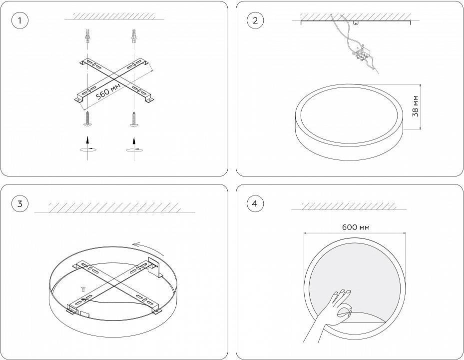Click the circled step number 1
point(20,20)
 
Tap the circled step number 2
point(255,20)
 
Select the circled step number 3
point(20,203)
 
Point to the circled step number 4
point(255,203)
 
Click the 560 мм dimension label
point(108,91)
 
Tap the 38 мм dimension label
point(416,106)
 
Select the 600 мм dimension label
point(356,227)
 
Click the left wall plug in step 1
point(87,36)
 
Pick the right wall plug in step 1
point(134,36)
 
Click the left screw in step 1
point(87,118)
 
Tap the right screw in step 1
point(134,118)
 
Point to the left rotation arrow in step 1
point(88,149)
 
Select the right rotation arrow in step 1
point(134,149)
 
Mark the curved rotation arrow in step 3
point(148,248)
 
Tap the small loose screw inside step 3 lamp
point(83,288)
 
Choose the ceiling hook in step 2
point(356,22)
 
